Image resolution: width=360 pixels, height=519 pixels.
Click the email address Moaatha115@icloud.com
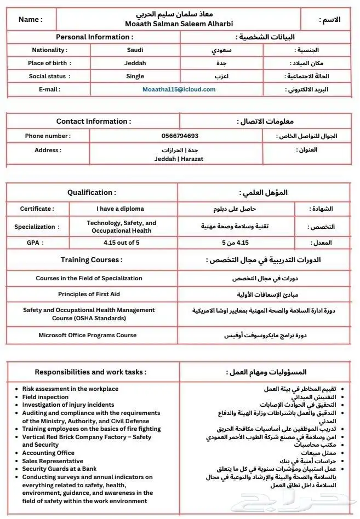tap(179, 89)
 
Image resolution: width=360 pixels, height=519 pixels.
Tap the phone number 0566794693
tap(180, 136)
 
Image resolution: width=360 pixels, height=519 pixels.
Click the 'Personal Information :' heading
tap(95, 37)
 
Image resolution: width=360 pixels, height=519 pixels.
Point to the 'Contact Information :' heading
tap(93, 121)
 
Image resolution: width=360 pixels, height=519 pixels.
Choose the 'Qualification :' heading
tap(92, 192)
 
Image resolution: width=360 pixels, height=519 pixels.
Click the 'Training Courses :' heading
tap(92, 259)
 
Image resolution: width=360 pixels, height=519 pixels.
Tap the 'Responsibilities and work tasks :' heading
tap(90, 372)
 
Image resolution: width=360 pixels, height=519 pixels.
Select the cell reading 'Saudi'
tap(135, 50)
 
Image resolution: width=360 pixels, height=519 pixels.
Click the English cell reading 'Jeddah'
tap(135, 63)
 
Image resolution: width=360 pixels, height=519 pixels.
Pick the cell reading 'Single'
tap(135, 76)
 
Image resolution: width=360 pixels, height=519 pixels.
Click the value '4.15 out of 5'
tap(121, 242)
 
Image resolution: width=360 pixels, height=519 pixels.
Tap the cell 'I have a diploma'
tap(121, 209)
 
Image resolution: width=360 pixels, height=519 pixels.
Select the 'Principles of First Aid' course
tap(89, 294)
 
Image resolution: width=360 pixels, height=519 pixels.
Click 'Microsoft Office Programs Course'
tap(88, 335)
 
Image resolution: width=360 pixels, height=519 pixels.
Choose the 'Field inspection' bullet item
tap(45, 397)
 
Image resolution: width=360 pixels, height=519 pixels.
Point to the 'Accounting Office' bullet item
tap(48, 453)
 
